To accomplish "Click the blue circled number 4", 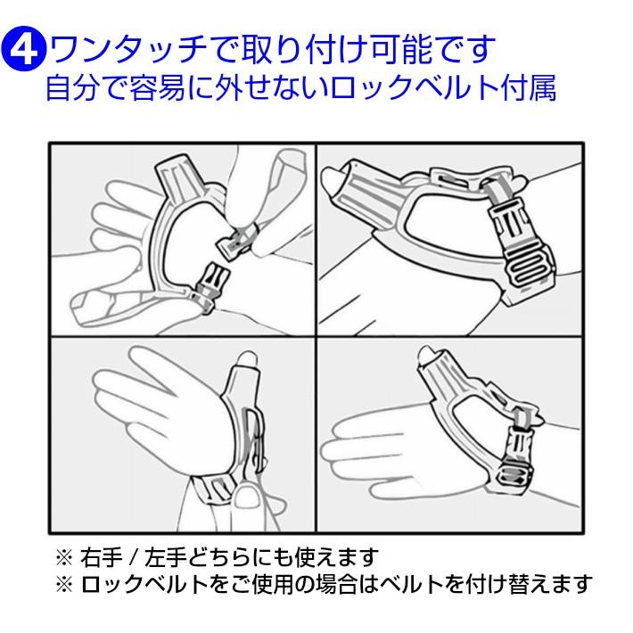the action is click(x=24, y=50).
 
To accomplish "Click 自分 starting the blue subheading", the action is click(x=72, y=87).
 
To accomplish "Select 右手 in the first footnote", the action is click(x=102, y=557).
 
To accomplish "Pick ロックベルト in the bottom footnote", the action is click(x=144, y=584).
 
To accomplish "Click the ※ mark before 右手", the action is click(x=64, y=558).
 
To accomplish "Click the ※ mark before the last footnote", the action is click(x=64, y=584).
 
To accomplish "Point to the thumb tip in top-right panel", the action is click(x=333, y=177).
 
